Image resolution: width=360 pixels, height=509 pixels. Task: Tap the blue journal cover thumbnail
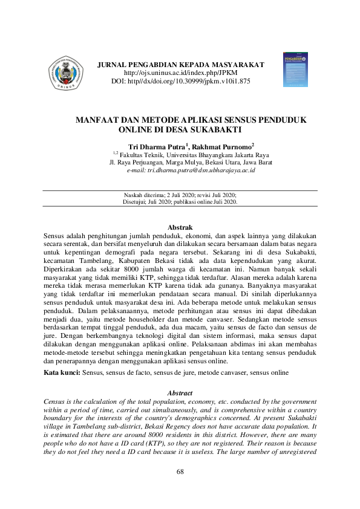pos(295,65)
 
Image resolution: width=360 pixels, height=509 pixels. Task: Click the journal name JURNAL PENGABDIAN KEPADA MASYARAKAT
pos(181,64)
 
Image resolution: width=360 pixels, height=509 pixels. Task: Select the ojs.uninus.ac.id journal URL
pos(182,72)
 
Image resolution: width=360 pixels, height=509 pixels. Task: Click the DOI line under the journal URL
pos(182,80)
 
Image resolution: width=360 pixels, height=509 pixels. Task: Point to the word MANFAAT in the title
pos(97,120)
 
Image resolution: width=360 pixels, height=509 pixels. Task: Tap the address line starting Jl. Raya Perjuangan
pos(191,163)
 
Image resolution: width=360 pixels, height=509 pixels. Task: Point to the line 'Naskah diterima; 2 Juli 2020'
pos(180,196)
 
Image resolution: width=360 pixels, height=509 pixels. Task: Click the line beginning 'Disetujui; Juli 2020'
pos(180,203)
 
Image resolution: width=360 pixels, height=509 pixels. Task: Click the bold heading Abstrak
pos(180,227)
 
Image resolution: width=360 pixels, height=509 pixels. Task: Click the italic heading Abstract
pos(180,392)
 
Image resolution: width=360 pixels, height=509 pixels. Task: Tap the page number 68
pos(180,472)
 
